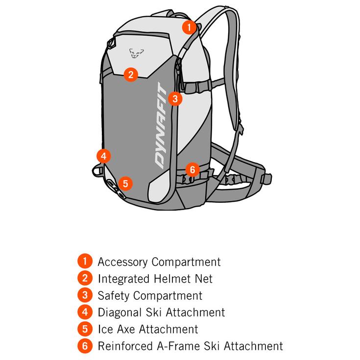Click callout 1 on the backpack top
pos(190,27)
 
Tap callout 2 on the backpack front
pos(131,74)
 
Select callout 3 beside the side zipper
pos(175,99)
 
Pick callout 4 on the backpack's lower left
pos(104,156)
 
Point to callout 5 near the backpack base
pos(125,184)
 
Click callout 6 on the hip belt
pos(192,169)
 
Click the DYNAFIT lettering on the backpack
pos(161,125)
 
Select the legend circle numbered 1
pos(85,261)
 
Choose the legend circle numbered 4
pos(85,312)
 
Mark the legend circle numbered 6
pos(85,346)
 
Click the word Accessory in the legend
pos(123,262)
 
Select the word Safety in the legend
pos(114,296)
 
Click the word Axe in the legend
pos(126,329)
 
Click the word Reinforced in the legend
pos(125,346)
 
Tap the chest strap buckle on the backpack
pos(197,87)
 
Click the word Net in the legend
pos(204,279)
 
